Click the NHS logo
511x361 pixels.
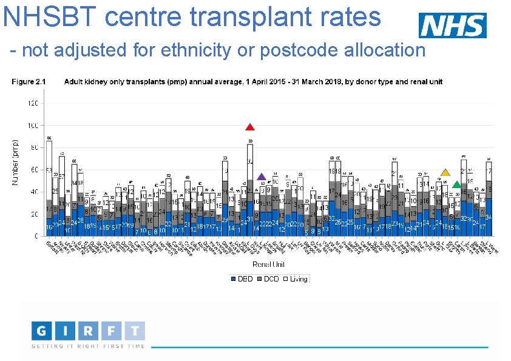tap(452, 25)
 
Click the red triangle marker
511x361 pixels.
tap(249, 127)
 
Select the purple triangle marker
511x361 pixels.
tap(262, 177)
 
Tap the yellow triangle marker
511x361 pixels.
tap(445, 173)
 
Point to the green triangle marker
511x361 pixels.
tap(456, 184)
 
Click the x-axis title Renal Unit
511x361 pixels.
tap(268, 264)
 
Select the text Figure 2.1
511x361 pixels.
tap(29, 81)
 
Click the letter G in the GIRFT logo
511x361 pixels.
tap(41, 332)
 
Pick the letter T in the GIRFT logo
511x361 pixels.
tap(135, 332)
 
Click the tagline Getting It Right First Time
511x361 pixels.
tap(88, 346)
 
